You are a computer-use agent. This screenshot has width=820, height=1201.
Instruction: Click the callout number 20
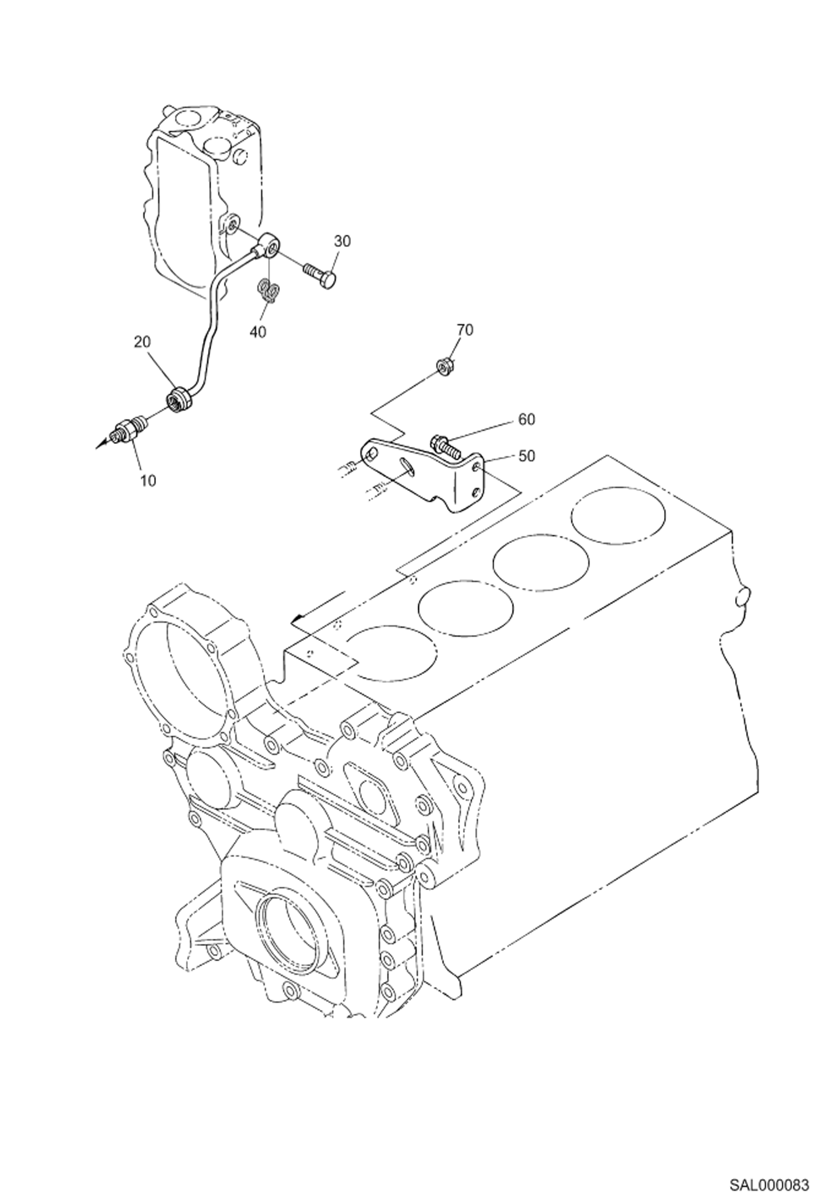[x=142, y=342]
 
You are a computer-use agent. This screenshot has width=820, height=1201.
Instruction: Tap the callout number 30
[x=343, y=241]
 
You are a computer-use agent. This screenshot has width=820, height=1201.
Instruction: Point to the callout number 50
[x=526, y=456]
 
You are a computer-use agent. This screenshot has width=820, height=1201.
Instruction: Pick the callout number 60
[x=526, y=419]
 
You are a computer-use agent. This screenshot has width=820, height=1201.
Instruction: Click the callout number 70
[x=465, y=330]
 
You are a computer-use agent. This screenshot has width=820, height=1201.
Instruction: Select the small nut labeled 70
[x=444, y=365]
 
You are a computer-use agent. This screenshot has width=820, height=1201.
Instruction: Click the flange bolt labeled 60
[x=444, y=443]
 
